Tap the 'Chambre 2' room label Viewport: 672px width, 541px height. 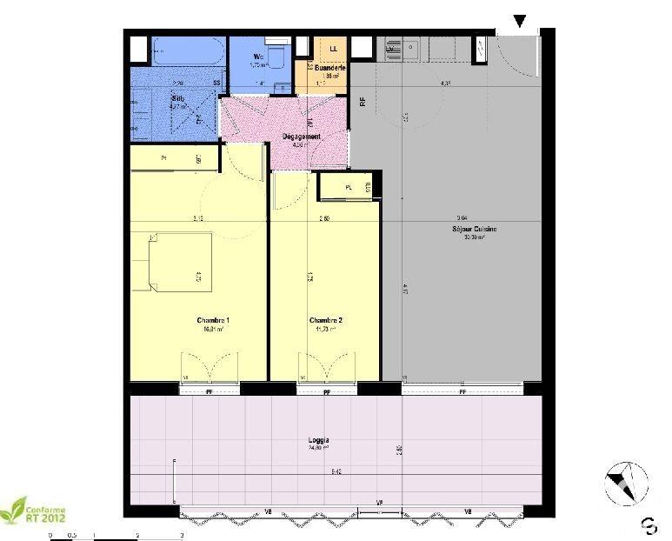pyautogui.click(x=326, y=321)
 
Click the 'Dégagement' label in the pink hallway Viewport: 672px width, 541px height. pyautogui.click(x=302, y=137)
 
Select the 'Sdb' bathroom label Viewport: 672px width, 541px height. pyautogui.click(x=178, y=99)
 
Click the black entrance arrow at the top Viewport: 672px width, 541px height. pyautogui.click(x=520, y=21)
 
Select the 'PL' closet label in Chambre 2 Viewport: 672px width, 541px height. pyautogui.click(x=348, y=187)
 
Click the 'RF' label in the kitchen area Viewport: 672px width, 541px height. pyautogui.click(x=363, y=101)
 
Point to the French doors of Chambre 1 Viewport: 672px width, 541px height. pyautogui.click(x=209, y=367)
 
